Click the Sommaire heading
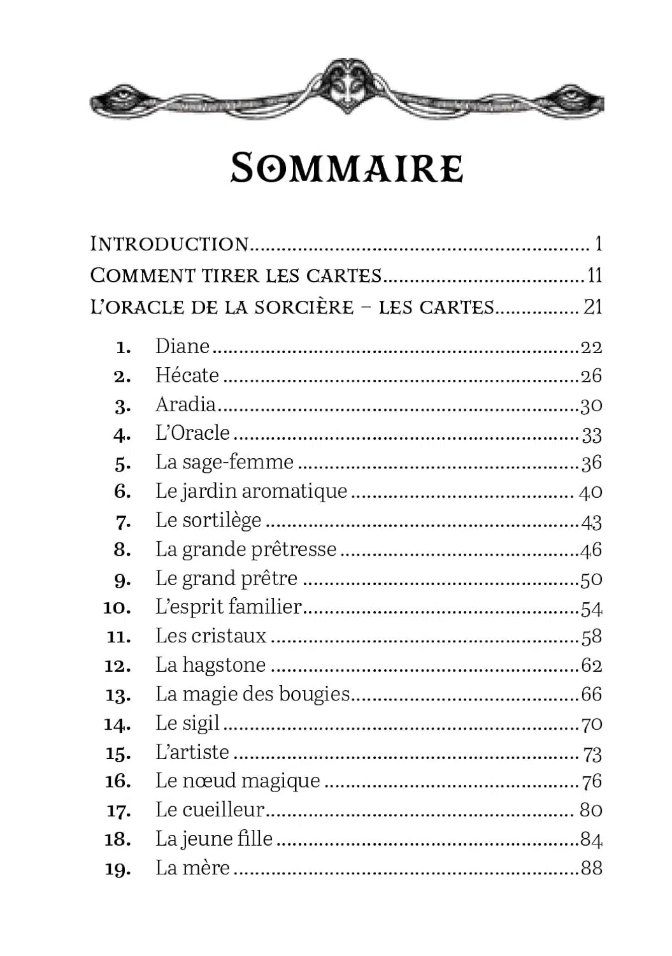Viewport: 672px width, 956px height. [347, 168]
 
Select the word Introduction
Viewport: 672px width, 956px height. [169, 243]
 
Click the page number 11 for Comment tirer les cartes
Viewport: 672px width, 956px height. [594, 275]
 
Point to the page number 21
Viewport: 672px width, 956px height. [592, 307]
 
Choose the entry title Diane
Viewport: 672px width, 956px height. [182, 346]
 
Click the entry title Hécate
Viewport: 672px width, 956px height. [187, 375]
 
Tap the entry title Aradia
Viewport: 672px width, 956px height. [185, 404]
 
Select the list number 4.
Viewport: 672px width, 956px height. [122, 435]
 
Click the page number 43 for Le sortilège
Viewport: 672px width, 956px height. [591, 522]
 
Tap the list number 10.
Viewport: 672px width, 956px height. [117, 608]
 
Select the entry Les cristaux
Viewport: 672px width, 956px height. [210, 636]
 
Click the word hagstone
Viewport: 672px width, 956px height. [224, 665]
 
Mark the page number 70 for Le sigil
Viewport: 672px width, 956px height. [591, 724]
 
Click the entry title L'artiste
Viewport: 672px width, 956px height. [192, 752]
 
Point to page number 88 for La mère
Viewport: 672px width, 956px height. [591, 868]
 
